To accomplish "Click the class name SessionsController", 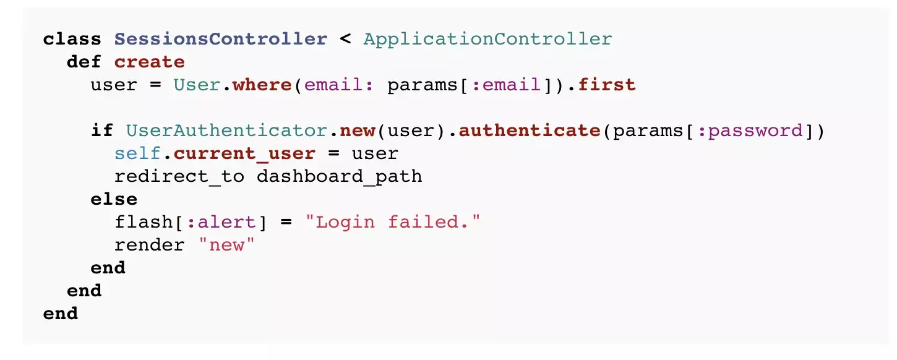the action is point(221,39).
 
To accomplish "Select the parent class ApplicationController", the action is point(487,39).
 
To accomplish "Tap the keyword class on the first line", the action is point(72,39).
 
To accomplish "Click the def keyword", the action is point(84,62).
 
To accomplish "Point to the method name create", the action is point(150,62).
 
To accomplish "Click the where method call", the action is point(262,85).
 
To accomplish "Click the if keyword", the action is point(102,131).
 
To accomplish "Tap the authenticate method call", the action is point(530,131).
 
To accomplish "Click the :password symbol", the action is point(744,131).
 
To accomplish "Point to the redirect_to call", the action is point(179,176).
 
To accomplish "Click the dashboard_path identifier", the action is point(339,176).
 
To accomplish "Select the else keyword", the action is point(114,199).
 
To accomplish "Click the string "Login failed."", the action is point(392,222).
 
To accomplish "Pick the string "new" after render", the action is point(226,245).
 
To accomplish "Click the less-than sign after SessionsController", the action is point(345,39).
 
